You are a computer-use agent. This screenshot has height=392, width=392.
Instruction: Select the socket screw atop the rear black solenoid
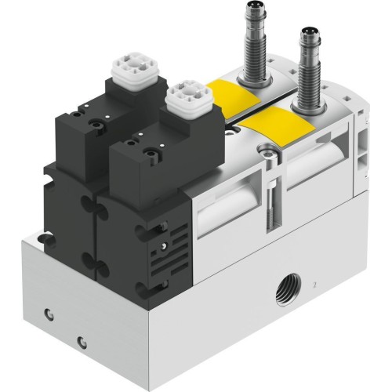99,122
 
